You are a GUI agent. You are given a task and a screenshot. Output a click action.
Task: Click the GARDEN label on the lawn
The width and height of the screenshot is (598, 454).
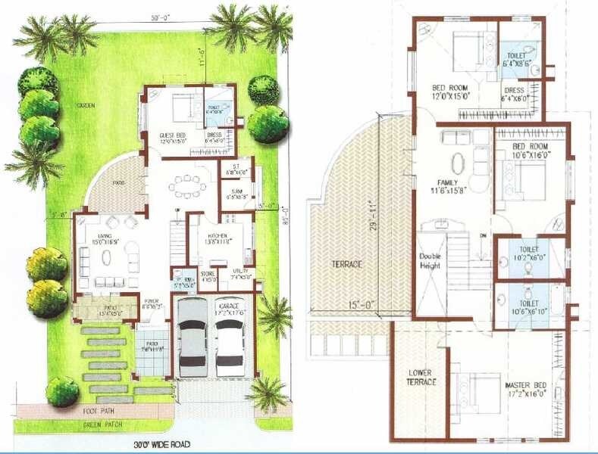(x=85, y=106)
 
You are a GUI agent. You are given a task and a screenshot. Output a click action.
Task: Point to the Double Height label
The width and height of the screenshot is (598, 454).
(x=430, y=261)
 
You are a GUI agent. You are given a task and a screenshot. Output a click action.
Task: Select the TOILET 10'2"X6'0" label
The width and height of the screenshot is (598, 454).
(x=530, y=253)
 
